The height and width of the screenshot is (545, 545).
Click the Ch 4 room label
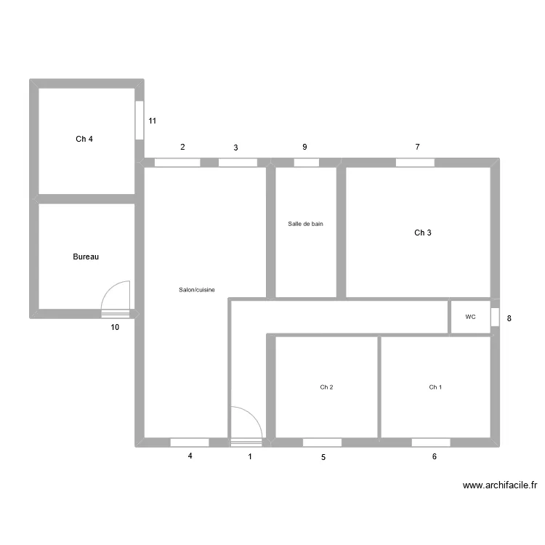(x=84, y=139)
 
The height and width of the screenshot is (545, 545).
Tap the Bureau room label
(x=86, y=257)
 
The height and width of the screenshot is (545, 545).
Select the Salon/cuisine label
(x=197, y=290)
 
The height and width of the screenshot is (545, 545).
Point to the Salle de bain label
(x=305, y=224)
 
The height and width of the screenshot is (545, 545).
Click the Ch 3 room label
(x=423, y=233)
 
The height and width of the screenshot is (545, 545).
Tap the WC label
(x=470, y=317)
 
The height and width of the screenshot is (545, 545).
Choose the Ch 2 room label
(x=326, y=387)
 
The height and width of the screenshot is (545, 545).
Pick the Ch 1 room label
(x=435, y=387)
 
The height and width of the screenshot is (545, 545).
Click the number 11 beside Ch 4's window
(x=153, y=121)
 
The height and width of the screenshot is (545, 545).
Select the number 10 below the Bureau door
(x=116, y=327)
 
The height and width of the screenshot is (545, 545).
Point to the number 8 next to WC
(x=509, y=318)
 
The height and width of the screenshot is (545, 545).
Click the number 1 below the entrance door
(x=251, y=456)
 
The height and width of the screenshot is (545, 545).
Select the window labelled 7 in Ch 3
(x=415, y=163)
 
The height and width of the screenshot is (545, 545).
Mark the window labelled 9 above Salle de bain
(x=306, y=163)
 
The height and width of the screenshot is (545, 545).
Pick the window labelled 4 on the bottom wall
(x=189, y=442)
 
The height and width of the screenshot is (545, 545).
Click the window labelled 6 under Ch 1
(x=430, y=442)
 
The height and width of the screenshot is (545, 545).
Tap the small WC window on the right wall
(x=494, y=318)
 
